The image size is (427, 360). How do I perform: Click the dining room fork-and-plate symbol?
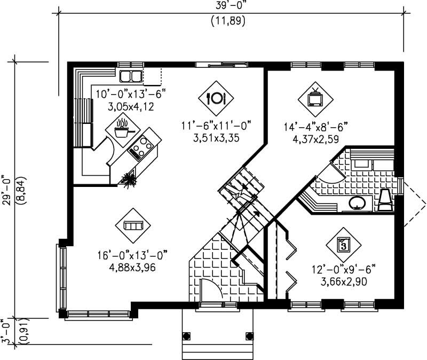[x=216, y=97]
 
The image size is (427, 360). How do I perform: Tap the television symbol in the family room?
[x=315, y=98]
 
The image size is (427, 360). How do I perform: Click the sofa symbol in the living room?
[x=132, y=226]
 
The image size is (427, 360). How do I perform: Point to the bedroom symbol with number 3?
[x=344, y=245]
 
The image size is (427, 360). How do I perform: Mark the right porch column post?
[x=249, y=336]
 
